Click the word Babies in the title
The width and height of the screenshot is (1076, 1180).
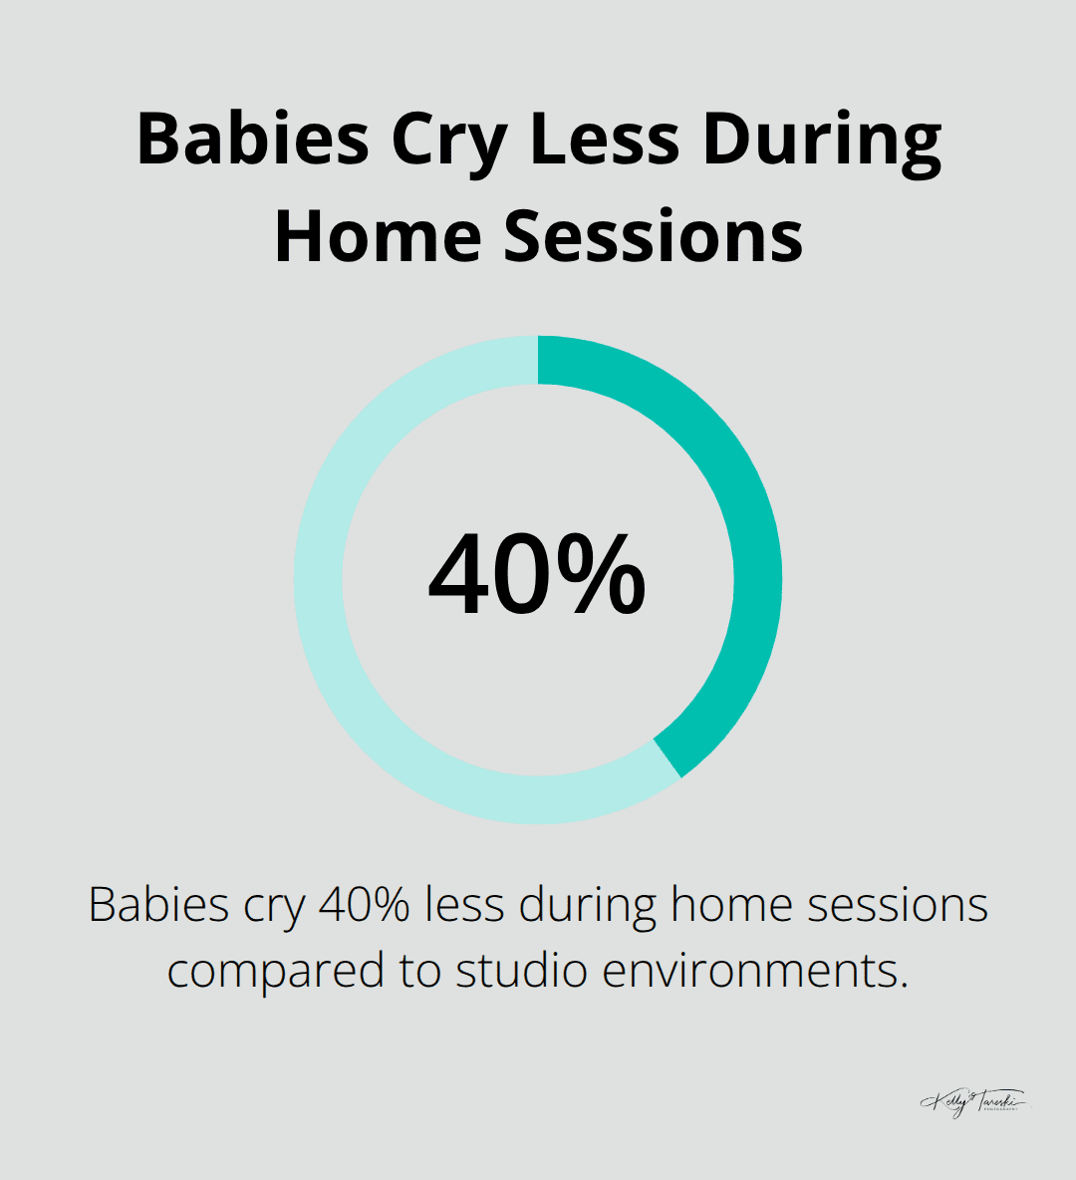254,140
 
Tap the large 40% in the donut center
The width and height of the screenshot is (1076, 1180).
537,576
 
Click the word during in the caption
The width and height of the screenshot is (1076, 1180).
588,905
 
